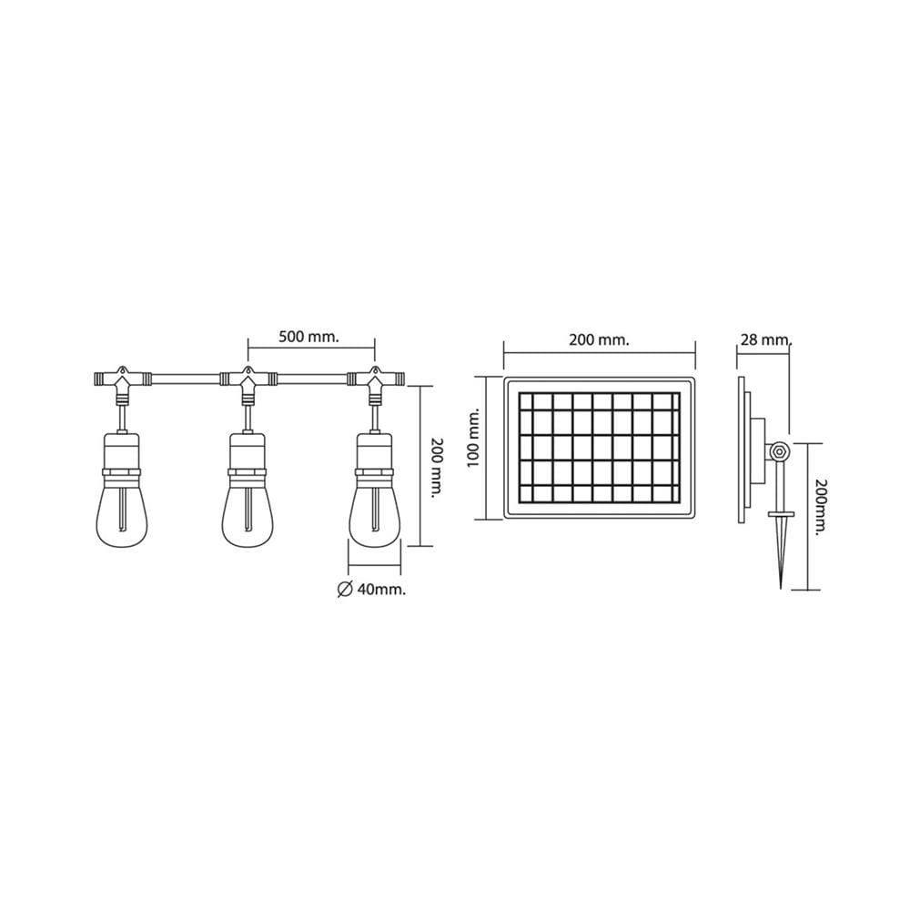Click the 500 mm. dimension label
pos(308,338)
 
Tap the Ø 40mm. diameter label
pos(371,589)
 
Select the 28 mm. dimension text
pos(765,339)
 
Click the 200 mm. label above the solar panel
pos(599,340)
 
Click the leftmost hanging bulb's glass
pos(121,511)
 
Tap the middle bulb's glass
pos(248,511)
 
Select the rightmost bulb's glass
pos(375,511)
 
